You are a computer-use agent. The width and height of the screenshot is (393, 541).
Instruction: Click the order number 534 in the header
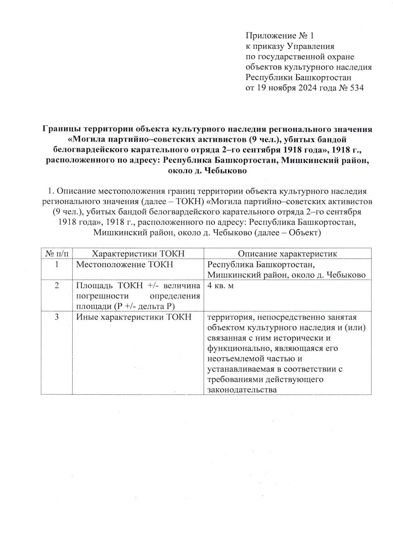point(357,88)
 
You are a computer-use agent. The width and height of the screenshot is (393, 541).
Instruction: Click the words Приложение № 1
point(280,35)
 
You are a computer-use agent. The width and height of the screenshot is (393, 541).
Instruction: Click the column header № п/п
point(57,254)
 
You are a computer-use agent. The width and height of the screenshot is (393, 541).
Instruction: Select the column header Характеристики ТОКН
point(138,254)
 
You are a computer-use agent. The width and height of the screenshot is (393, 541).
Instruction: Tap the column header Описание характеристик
point(287,254)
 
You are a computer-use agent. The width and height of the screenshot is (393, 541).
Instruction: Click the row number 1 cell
point(57,264)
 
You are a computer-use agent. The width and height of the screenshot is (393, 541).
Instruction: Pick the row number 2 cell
point(57,286)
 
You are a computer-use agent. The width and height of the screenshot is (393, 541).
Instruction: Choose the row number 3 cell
point(57,317)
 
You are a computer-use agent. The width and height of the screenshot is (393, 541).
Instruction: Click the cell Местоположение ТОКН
point(124,264)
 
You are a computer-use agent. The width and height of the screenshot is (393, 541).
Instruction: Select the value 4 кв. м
point(220,286)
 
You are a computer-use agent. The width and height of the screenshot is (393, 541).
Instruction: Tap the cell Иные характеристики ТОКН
point(134,317)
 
